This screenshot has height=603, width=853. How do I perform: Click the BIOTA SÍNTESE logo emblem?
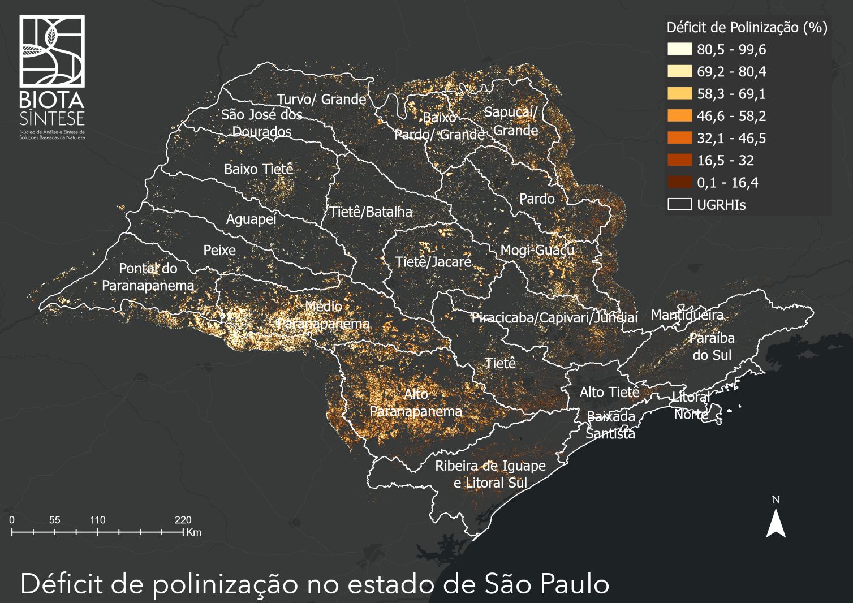point(52,51)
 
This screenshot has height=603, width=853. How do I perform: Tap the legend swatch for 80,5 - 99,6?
point(679,49)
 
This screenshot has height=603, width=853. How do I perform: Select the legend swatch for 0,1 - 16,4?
point(679,182)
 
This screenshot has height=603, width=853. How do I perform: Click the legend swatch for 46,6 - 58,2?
point(679,116)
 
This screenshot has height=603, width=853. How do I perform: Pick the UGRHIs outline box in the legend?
point(679,204)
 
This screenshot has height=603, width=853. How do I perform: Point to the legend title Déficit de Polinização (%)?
point(747,27)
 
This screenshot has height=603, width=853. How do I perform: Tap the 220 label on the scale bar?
point(183,520)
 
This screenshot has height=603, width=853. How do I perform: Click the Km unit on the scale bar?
point(193,532)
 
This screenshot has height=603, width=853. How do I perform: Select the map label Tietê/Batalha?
point(371,212)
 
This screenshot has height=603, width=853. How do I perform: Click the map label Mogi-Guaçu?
point(537,250)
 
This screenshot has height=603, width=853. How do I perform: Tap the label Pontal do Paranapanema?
point(148,277)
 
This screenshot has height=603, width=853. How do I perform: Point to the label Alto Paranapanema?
point(416,403)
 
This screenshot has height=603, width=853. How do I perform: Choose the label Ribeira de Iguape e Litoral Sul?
point(490,474)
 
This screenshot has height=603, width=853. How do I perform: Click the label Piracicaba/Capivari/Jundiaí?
point(554,317)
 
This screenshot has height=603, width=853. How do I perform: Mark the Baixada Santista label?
point(610,425)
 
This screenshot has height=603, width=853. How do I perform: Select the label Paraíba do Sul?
point(712,346)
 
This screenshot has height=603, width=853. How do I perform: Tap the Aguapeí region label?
point(251,219)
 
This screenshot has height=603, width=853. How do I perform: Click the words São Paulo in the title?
point(547,584)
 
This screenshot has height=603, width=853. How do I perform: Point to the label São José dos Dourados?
point(261,123)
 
